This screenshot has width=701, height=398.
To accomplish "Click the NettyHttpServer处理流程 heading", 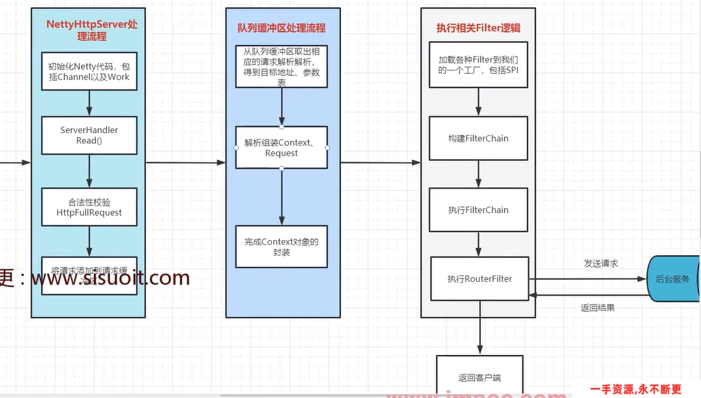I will point(92,30).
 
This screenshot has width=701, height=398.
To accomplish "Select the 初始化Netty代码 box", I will point(89,71).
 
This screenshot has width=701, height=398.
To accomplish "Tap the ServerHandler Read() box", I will point(89,135).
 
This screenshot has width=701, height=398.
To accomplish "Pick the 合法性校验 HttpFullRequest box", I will point(89,207).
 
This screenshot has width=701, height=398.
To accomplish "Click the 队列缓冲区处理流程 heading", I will point(282,28).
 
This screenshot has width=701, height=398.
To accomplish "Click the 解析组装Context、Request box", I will point(282,147).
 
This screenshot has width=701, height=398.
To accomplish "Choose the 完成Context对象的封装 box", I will point(282,246).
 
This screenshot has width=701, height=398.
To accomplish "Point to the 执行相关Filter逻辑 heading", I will point(478,28).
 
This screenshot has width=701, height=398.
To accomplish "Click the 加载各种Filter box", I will point(478,65).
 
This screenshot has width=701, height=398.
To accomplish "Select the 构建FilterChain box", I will point(478,138).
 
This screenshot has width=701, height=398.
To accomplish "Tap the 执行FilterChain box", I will point(478,210).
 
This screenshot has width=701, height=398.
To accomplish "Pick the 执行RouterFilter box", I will point(479,279).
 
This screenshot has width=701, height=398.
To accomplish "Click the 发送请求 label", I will point(601,264).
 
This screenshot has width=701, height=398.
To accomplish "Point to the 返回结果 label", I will point(597,307).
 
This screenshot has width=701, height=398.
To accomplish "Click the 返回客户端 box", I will point(479,376).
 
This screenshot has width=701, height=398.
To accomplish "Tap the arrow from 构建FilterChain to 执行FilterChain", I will point(478,174).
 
